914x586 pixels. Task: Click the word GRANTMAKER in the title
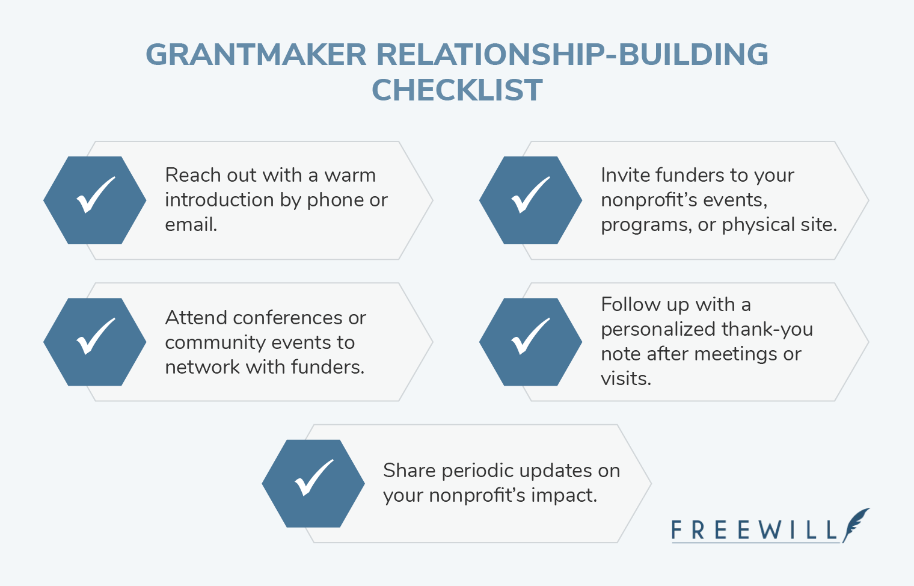point(256,55)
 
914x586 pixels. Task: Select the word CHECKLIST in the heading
point(457,91)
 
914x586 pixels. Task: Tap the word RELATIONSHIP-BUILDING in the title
point(572,55)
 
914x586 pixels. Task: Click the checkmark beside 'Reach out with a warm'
point(95,195)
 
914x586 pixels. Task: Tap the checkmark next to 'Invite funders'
point(530,195)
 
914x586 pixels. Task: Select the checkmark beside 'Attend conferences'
point(95,336)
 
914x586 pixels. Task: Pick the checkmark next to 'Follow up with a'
point(530,336)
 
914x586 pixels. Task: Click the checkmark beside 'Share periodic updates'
point(313,478)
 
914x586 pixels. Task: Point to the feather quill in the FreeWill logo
point(856,523)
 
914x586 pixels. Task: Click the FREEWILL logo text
point(754,531)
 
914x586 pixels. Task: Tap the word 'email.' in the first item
point(191,224)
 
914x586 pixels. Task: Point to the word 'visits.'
point(626,378)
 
